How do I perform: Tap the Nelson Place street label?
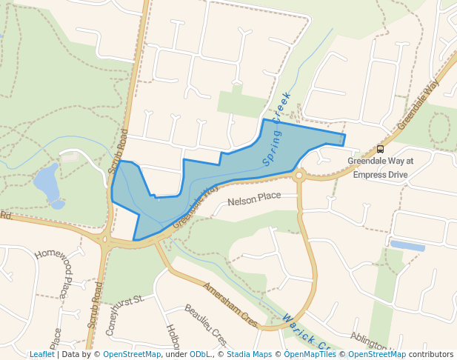(x=254, y=199)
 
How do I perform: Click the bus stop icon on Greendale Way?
(x=380, y=149)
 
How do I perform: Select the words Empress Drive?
(x=380, y=174)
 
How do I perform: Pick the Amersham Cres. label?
(x=230, y=305)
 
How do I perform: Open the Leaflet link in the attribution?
(x=41, y=355)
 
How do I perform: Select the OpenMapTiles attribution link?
(x=310, y=355)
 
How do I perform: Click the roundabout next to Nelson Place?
(x=298, y=176)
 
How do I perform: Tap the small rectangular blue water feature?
(x=407, y=245)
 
